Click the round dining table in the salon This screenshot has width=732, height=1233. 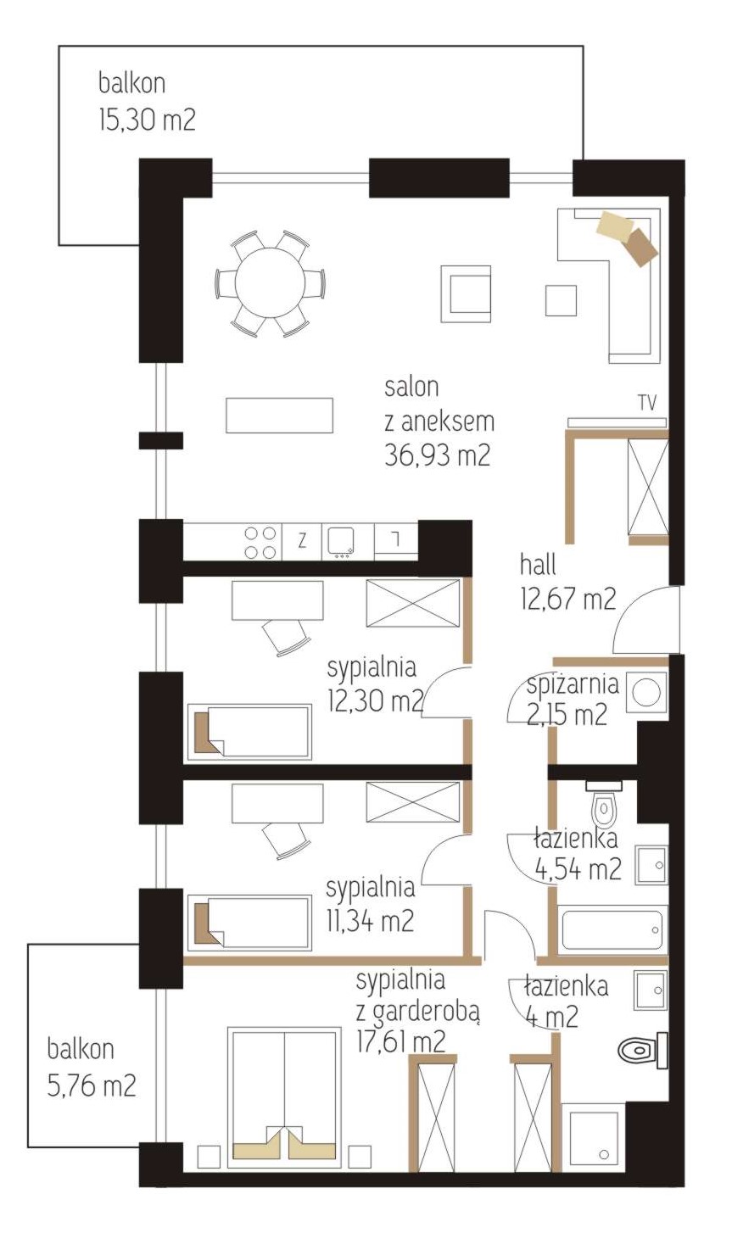(270, 284)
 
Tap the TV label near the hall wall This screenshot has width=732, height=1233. (648, 403)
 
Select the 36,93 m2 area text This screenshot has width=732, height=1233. (437, 455)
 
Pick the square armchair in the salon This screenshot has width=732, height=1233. (466, 294)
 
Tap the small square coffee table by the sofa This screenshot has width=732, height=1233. (562, 300)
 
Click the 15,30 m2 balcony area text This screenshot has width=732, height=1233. (147, 120)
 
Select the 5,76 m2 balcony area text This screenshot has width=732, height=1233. (92, 1086)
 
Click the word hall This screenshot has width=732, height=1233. (538, 566)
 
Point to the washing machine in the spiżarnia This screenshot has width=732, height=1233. (646, 691)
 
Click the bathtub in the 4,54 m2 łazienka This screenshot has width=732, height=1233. (612, 929)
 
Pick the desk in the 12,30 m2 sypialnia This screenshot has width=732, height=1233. (277, 600)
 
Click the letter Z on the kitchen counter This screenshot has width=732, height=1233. (302, 542)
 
